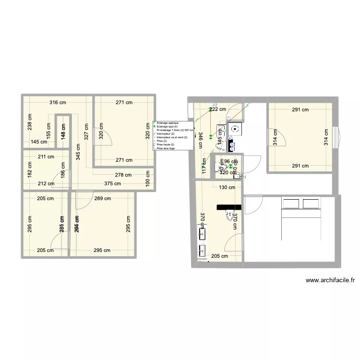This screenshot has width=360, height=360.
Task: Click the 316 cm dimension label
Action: tap(57, 102)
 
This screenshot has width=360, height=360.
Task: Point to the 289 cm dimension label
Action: tap(102, 198)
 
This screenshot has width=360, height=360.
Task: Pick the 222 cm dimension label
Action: tap(217, 109)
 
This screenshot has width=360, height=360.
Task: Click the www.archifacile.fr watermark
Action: tap(330, 281)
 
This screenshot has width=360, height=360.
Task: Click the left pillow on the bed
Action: tap(290, 204)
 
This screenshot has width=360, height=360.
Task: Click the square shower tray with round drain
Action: tap(235, 128)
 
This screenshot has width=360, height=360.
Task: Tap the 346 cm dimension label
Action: tap(200, 140)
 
